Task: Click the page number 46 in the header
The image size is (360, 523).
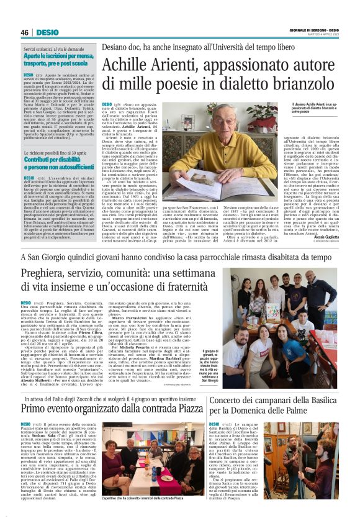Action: (25, 32)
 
